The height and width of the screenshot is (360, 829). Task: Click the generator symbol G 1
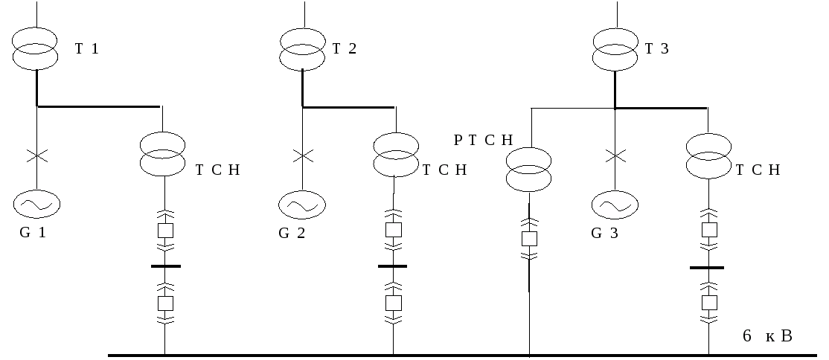[x=36, y=202]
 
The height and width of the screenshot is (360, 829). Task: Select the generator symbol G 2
[x=302, y=203]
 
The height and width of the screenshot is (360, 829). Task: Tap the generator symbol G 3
[x=615, y=203]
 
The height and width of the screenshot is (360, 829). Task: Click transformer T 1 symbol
[x=36, y=48]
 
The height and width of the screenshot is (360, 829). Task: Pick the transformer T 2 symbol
[x=302, y=48]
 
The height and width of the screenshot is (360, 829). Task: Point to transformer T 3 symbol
[x=615, y=48]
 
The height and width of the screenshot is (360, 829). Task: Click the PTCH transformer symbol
[x=528, y=170]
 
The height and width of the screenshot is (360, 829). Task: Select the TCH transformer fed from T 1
[x=163, y=154]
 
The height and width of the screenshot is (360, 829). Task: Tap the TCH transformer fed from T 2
[x=395, y=154]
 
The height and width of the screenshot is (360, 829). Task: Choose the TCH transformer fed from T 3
[x=708, y=154]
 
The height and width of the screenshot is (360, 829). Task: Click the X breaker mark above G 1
[x=36, y=156]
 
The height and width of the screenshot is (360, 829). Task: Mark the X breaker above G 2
[x=302, y=156]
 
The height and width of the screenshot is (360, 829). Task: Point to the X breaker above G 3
[x=615, y=156]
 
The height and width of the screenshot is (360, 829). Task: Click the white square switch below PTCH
[x=529, y=239]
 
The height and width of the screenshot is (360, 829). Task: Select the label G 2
[x=292, y=234]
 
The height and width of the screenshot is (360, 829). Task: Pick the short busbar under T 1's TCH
[x=165, y=266]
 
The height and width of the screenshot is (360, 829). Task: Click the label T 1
[x=86, y=49]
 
